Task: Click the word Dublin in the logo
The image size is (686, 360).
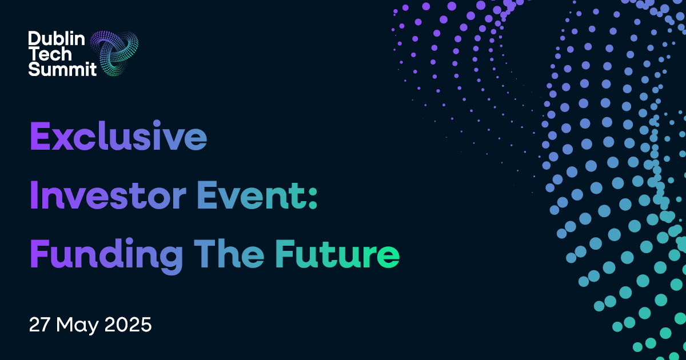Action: coord(57,39)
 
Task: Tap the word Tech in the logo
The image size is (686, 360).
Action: coord(51,54)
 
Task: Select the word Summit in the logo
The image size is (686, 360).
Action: coord(62,69)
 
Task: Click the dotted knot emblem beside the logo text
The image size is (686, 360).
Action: coord(114,53)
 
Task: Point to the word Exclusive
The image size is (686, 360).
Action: coord(118,135)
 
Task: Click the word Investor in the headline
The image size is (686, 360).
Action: coord(108,195)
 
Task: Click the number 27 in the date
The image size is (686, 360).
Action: coord(39,325)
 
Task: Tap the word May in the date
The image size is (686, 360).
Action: coord(77,326)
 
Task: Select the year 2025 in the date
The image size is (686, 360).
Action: coord(128,325)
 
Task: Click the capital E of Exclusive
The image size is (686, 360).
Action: coord(40,135)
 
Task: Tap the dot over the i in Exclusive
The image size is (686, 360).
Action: coord(157,123)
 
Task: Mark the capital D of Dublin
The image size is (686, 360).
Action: coord(35,39)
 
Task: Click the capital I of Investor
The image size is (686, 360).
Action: coord(34,195)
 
